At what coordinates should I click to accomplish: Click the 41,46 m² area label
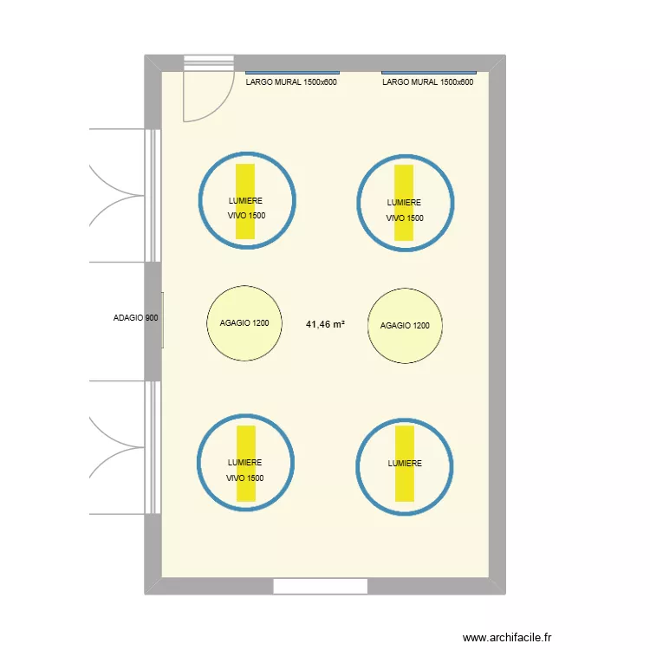(x=325, y=324)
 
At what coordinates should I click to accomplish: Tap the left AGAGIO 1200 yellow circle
(x=245, y=323)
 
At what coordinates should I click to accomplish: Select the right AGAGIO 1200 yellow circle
(x=405, y=326)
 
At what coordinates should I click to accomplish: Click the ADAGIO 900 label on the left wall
(x=135, y=318)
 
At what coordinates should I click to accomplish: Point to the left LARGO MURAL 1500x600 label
(x=292, y=82)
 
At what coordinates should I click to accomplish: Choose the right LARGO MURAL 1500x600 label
(x=428, y=82)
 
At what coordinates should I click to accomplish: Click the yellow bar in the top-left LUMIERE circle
(x=245, y=178)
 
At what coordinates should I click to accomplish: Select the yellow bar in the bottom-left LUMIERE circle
(x=246, y=442)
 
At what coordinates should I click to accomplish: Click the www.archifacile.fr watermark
(x=507, y=636)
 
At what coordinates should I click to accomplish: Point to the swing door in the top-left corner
(x=206, y=91)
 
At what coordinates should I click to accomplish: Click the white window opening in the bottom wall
(x=321, y=587)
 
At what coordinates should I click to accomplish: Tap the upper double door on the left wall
(x=121, y=195)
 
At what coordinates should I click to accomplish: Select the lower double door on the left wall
(x=121, y=447)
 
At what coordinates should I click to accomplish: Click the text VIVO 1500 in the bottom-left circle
(x=245, y=478)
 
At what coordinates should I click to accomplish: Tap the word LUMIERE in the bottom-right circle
(x=405, y=464)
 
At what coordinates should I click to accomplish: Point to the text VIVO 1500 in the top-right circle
(x=405, y=218)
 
